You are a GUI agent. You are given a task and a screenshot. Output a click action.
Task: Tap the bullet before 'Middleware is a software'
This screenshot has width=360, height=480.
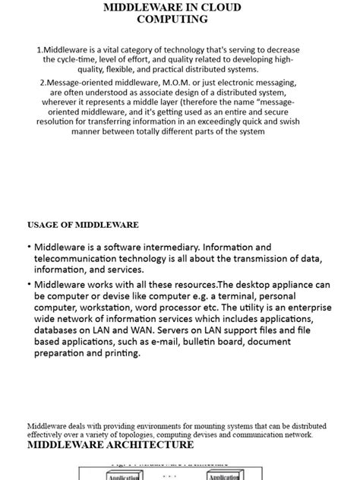[x=29, y=248]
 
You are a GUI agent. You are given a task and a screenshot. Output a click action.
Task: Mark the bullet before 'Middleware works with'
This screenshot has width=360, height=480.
[x=29, y=283]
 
